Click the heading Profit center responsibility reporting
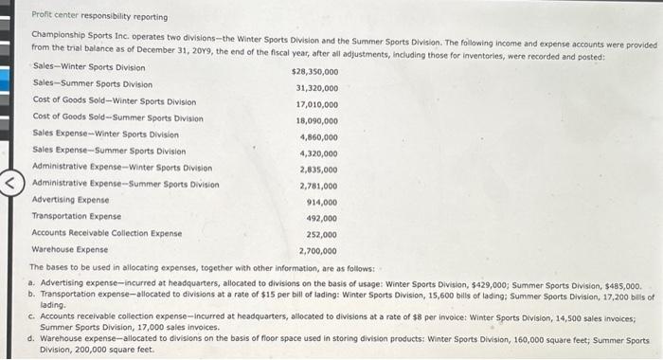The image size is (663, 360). point(99,16)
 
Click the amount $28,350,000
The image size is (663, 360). point(314,72)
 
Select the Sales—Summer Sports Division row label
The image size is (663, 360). point(92,84)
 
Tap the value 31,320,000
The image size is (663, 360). point(316,88)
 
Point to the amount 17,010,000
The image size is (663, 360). point(316,104)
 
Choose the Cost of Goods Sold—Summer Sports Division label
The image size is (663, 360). point(117,118)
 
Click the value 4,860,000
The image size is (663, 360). point(318,136)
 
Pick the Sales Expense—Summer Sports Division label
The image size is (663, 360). point(109,151)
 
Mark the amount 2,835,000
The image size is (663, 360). point(318,170)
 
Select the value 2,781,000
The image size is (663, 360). point(318,186)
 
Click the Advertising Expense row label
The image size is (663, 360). point(70,200)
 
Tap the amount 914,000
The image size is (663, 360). point(322,202)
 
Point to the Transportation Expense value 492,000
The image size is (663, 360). point(322,218)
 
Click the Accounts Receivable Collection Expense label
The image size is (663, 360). point(107,233)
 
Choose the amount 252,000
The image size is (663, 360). point(322,234)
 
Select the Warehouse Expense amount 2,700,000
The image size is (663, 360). point(318,251)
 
